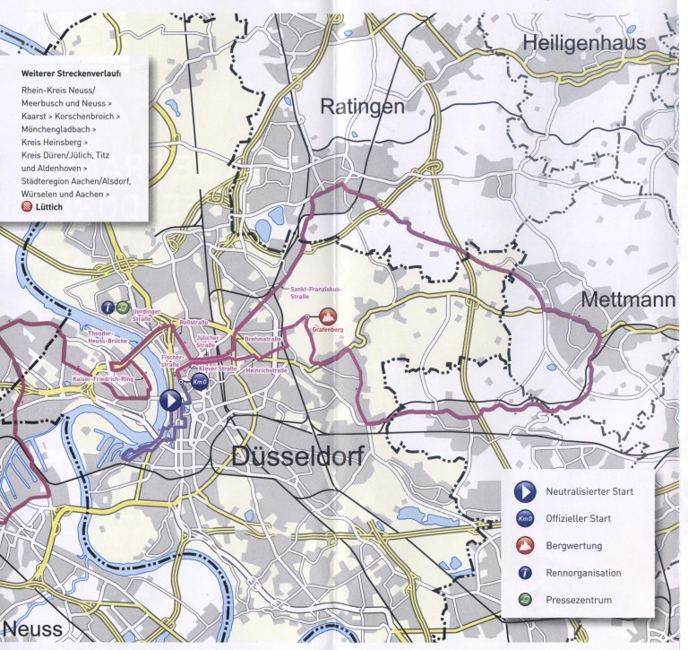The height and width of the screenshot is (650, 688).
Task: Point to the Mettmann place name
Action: pos(627,300)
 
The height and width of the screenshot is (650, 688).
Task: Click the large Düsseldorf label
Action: pos(297,456)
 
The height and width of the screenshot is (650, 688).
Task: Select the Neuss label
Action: pos(32,628)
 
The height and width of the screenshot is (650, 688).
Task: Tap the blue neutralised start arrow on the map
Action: pos(171,400)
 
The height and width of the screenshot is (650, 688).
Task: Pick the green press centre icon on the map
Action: pos(122,307)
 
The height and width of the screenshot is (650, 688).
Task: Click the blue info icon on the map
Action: pos(107,307)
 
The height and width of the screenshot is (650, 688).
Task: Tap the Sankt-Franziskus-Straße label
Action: pos(309,291)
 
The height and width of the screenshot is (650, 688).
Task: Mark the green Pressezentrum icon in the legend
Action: pos(525,600)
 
